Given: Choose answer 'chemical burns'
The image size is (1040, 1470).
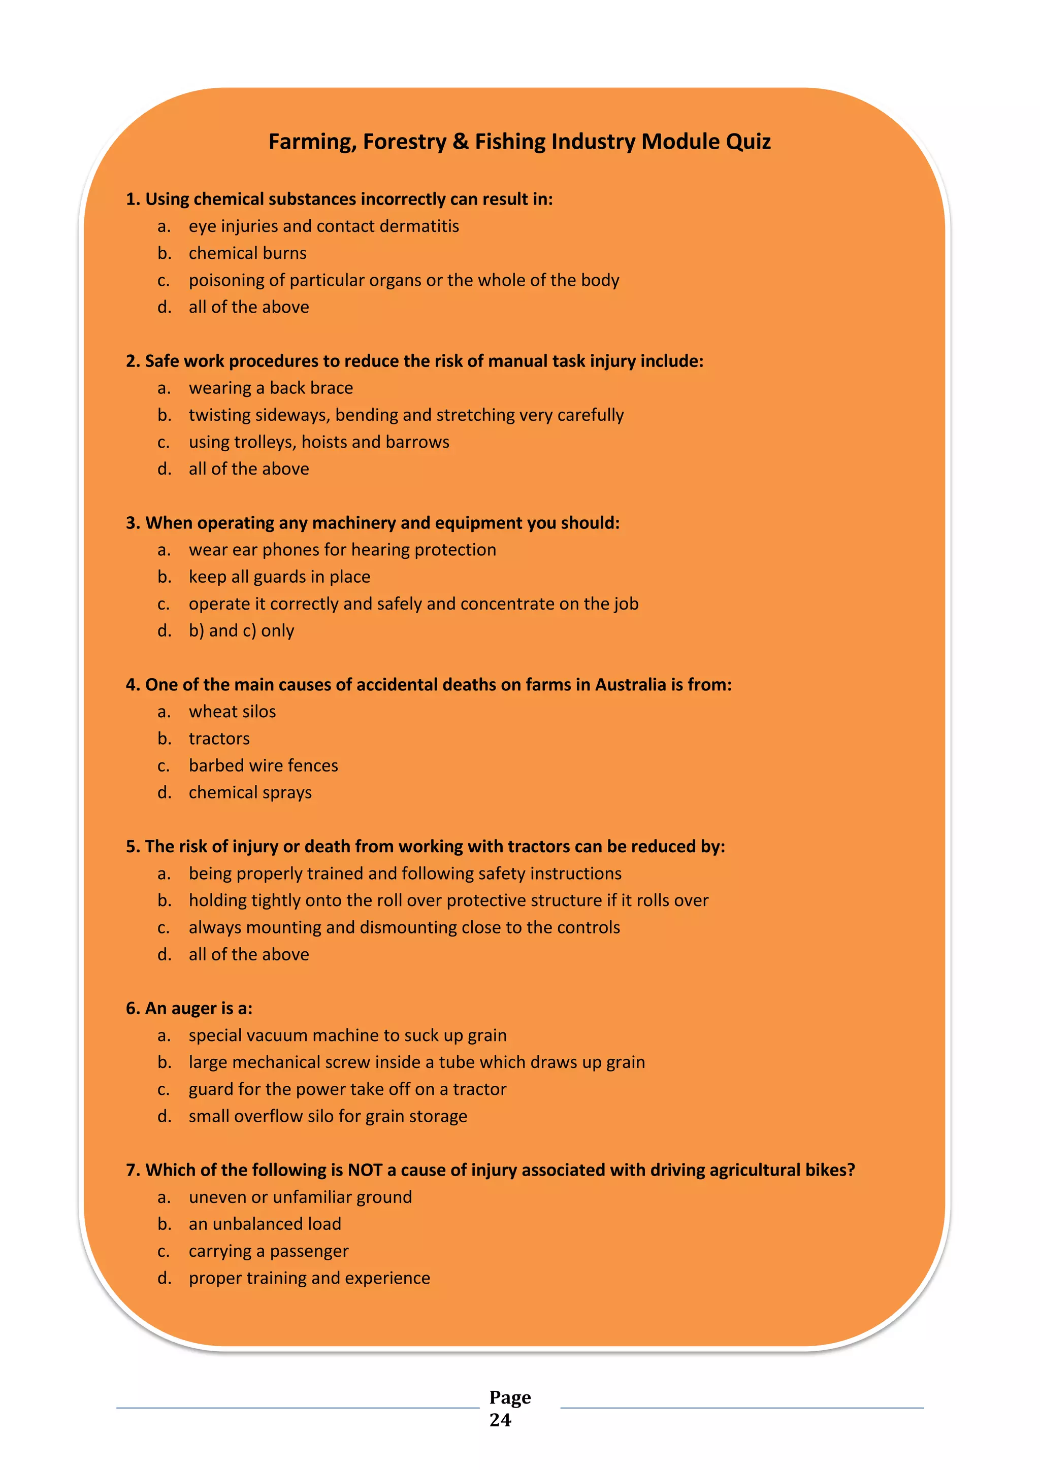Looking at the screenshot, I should coord(247,253).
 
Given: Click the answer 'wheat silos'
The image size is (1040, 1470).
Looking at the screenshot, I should coord(232,712).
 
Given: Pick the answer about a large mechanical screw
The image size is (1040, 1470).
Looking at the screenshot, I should coord(416,1063).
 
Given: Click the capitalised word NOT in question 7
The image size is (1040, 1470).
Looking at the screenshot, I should coord(365,1171).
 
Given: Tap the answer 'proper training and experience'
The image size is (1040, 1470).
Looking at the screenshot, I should coord(309,1279).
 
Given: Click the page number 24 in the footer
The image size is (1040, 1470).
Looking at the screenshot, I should coord(500,1420).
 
